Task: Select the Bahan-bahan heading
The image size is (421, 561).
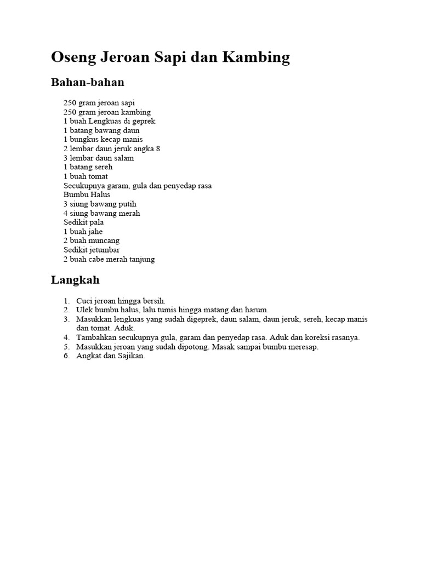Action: click(x=88, y=83)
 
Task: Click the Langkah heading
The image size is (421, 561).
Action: click(x=75, y=280)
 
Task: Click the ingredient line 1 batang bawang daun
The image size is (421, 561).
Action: click(x=101, y=130)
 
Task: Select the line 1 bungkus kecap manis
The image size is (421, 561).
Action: click(x=103, y=140)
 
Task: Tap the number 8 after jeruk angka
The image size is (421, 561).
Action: click(x=158, y=149)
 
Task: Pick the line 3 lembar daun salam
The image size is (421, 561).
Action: click(x=99, y=158)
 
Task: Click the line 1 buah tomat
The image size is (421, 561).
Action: click(x=86, y=176)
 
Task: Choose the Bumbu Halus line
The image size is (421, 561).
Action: click(x=87, y=195)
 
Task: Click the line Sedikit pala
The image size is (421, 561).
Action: click(x=83, y=222)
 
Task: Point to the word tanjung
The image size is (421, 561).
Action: click(x=142, y=259)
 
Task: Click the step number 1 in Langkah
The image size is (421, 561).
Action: click(x=66, y=301)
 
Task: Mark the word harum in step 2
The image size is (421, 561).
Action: click(x=258, y=310)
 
